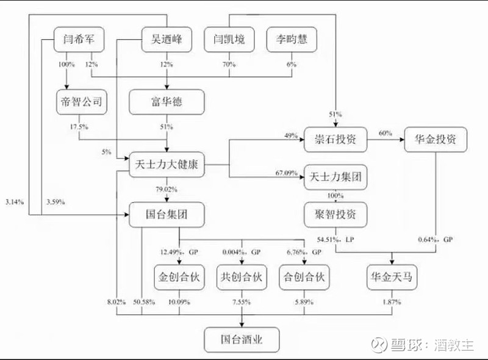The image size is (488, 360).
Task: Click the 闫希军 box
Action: point(78,40)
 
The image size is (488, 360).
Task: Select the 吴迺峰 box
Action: point(167,40)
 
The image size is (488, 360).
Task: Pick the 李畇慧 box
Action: point(290,40)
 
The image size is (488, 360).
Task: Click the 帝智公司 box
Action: point(82,101)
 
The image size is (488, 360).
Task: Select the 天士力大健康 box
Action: point(166,164)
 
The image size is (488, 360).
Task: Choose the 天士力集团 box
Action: point(336,179)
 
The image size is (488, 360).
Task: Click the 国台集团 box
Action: point(167,214)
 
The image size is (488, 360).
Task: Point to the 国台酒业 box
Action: point(242,337)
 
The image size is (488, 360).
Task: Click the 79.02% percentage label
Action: point(165,189)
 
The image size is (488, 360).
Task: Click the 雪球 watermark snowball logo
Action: point(379,344)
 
